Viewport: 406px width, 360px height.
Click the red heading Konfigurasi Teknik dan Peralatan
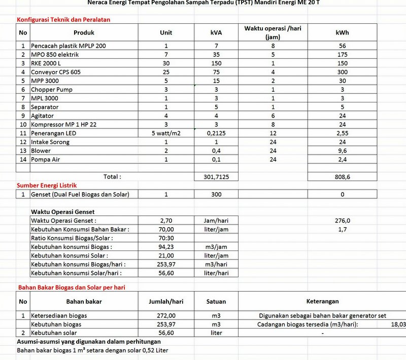pos(63,20)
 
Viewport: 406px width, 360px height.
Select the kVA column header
pos(216,32)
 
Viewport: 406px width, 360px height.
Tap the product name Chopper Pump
pos(52,90)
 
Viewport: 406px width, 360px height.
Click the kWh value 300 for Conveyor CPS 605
pos(342,72)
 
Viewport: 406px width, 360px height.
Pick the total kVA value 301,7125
pos(216,177)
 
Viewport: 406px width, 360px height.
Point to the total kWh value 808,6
pos(342,177)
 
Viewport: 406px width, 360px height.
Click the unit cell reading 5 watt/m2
pos(166,133)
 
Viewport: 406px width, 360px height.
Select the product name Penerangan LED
pos(54,133)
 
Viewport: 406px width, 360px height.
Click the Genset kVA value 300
pos(216,194)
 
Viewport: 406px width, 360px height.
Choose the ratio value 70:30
pos(166,238)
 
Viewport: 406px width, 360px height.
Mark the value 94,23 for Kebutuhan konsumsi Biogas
pos(166,247)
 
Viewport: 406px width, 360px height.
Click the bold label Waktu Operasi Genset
pos(62,212)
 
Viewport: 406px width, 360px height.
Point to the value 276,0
pos(342,221)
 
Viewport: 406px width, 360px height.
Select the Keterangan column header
pos(322,301)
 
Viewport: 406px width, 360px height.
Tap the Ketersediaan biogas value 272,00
pos(166,315)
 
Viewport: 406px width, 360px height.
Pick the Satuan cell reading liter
pos(216,333)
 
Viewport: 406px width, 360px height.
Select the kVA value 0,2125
pos(216,133)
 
